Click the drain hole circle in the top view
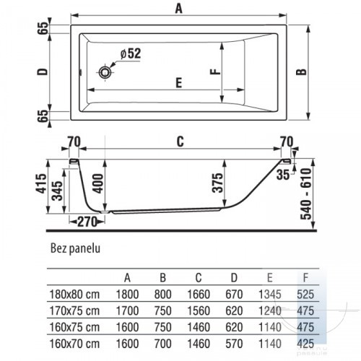105,72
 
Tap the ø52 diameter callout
131,53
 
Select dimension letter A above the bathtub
179,9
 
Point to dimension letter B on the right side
301,72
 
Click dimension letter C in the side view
180,142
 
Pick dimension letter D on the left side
43,71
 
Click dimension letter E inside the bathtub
178,83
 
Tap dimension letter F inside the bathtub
215,71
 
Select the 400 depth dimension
98,183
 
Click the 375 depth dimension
218,183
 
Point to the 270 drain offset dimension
87,222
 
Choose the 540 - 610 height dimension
306,194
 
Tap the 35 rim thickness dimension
283,175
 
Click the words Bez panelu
75,248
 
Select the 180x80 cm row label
74,295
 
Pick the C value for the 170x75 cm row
199,310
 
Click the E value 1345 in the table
270,295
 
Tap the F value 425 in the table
305,344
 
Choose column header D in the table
234,278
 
